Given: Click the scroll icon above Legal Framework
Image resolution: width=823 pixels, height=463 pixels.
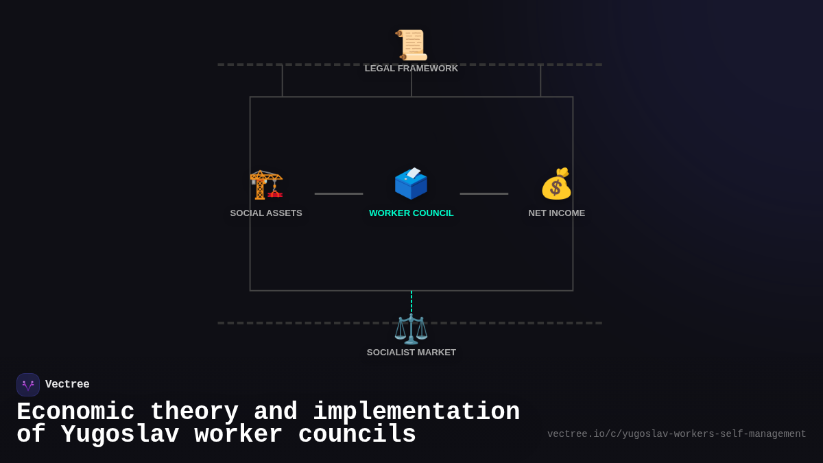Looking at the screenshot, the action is point(411,45).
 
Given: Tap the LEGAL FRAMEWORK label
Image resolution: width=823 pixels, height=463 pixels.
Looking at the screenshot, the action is point(411,69).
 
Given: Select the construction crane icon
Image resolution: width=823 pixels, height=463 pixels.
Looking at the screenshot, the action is point(266,185).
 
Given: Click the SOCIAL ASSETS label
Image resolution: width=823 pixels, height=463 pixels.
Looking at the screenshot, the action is point(266,213).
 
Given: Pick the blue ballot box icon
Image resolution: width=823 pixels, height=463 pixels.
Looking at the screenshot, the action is point(411,183).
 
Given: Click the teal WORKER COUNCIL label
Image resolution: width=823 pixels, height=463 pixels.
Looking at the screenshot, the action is point(411,213).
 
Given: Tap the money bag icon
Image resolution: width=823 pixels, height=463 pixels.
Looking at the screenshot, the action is point(556,183).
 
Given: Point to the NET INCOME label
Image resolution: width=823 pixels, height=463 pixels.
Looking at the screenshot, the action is point(557,213).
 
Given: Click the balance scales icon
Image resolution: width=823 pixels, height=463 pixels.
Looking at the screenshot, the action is point(411,329).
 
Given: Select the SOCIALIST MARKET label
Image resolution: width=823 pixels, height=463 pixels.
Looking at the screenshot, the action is point(411,353).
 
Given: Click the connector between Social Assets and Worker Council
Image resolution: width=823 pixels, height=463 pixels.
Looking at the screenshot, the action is point(339,193).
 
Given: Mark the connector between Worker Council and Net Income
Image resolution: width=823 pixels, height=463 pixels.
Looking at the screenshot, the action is point(484,193).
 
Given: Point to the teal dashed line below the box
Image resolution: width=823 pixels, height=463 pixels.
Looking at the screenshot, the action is point(411,302).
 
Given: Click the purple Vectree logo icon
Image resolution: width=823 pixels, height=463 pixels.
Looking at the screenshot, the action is point(28,385).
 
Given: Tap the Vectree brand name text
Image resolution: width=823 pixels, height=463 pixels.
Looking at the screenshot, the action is point(67,384).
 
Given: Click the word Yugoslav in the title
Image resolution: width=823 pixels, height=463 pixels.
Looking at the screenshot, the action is point(120,434).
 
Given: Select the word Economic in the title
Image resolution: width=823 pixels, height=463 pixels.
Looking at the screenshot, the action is point(75,412).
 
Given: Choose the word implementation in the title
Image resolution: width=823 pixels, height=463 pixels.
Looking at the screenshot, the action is point(416,412).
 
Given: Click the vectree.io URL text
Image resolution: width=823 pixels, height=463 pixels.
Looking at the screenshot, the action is point(676,434).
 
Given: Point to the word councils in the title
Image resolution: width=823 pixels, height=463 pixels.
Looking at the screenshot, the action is point(357,434).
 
